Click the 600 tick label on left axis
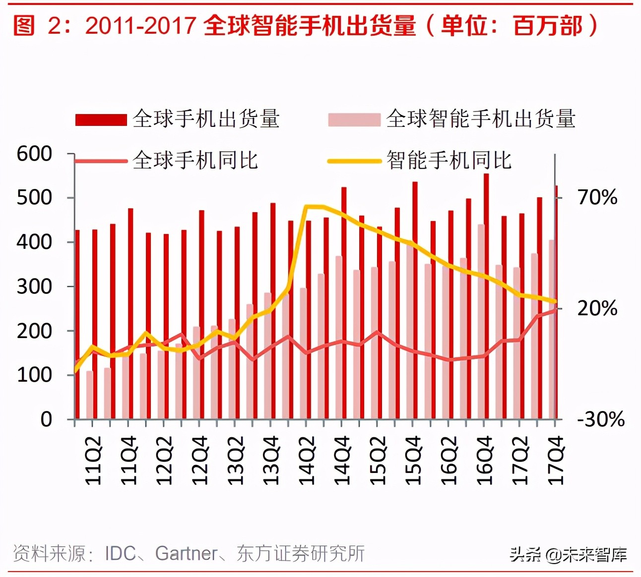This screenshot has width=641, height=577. click(x=34, y=154)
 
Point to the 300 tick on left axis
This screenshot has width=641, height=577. click(x=34, y=287)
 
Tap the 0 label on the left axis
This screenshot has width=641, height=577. click(x=46, y=419)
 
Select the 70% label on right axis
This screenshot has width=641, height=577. click(x=597, y=197)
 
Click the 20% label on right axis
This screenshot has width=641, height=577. click(x=597, y=308)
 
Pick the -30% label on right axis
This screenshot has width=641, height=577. click(x=600, y=419)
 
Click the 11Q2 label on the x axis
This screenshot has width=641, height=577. click(x=93, y=460)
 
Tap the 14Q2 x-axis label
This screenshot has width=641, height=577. click(x=307, y=460)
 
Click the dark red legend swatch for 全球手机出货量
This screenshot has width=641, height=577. click(x=101, y=120)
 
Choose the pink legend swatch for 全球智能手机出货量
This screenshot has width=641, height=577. click(x=354, y=120)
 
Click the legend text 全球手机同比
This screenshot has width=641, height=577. click(x=195, y=161)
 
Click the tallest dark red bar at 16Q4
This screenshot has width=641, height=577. click(x=486, y=297)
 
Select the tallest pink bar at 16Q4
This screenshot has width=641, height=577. click(x=481, y=322)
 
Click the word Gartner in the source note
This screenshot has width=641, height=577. click(x=187, y=553)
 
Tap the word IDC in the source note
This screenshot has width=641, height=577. click(x=120, y=553)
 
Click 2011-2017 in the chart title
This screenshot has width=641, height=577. click(x=140, y=26)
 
